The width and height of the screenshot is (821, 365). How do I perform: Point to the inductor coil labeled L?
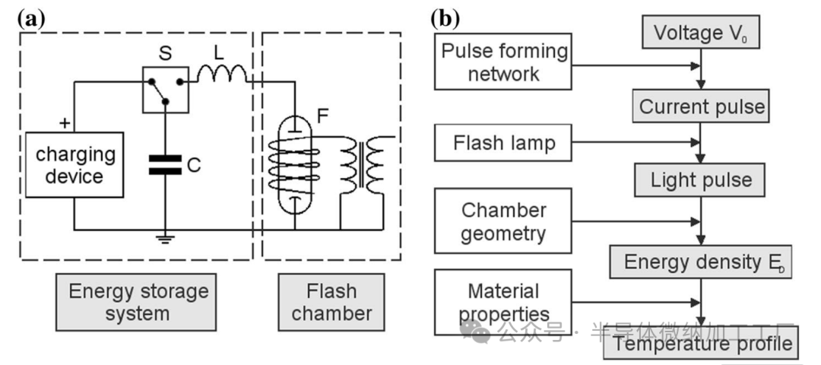[222, 74]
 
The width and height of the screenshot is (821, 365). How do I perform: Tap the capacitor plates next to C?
[165, 164]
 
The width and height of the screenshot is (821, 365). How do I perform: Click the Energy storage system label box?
[138, 302]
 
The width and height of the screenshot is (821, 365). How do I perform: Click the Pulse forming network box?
[504, 63]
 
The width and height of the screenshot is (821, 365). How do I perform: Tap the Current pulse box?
[702, 106]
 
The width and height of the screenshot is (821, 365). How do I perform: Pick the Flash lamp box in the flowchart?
[504, 143]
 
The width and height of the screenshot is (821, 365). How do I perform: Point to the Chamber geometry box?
[504, 221]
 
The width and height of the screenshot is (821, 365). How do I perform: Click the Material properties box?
[504, 302]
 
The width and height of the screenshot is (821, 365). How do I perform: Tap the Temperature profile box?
[702, 344]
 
